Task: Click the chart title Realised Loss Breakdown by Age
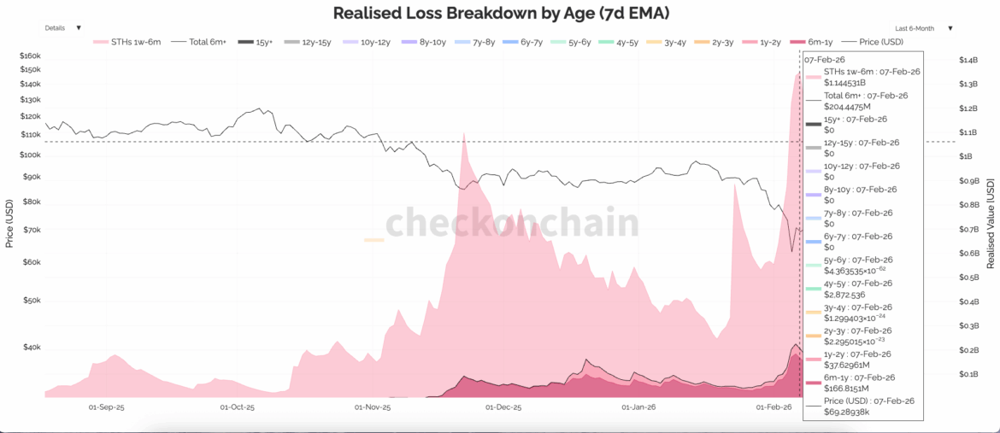click(x=499, y=13)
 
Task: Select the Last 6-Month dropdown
click(x=923, y=28)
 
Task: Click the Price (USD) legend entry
click(x=874, y=41)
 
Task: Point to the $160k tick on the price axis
click(x=30, y=56)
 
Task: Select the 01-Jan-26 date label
click(x=639, y=408)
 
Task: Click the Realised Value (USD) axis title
click(x=991, y=224)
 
